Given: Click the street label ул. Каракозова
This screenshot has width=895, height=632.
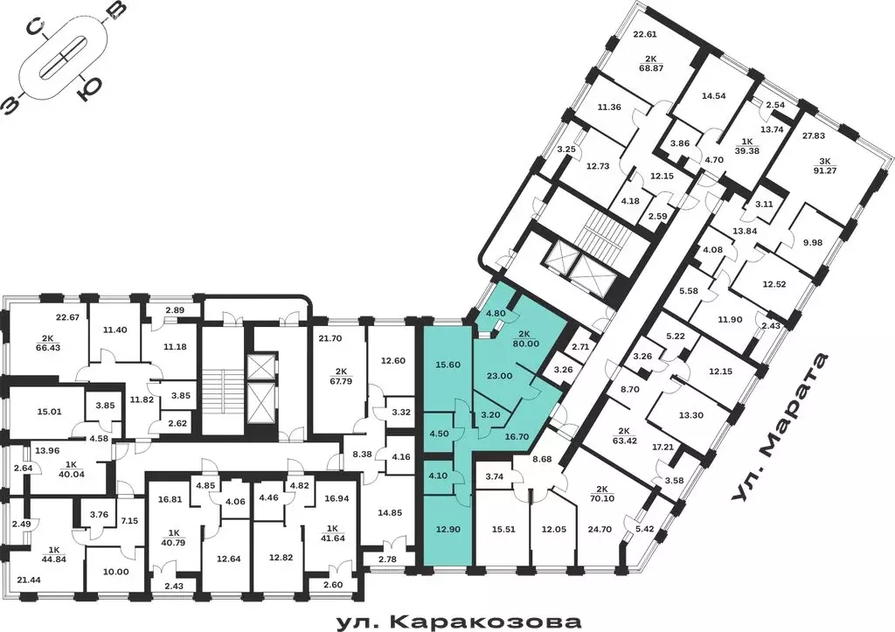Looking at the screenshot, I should (x=459, y=622).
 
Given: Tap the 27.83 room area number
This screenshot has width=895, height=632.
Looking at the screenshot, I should (x=814, y=135).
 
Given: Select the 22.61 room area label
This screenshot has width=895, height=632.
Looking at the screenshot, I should (x=644, y=35).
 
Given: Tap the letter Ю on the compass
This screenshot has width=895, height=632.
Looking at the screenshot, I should (x=88, y=88).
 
